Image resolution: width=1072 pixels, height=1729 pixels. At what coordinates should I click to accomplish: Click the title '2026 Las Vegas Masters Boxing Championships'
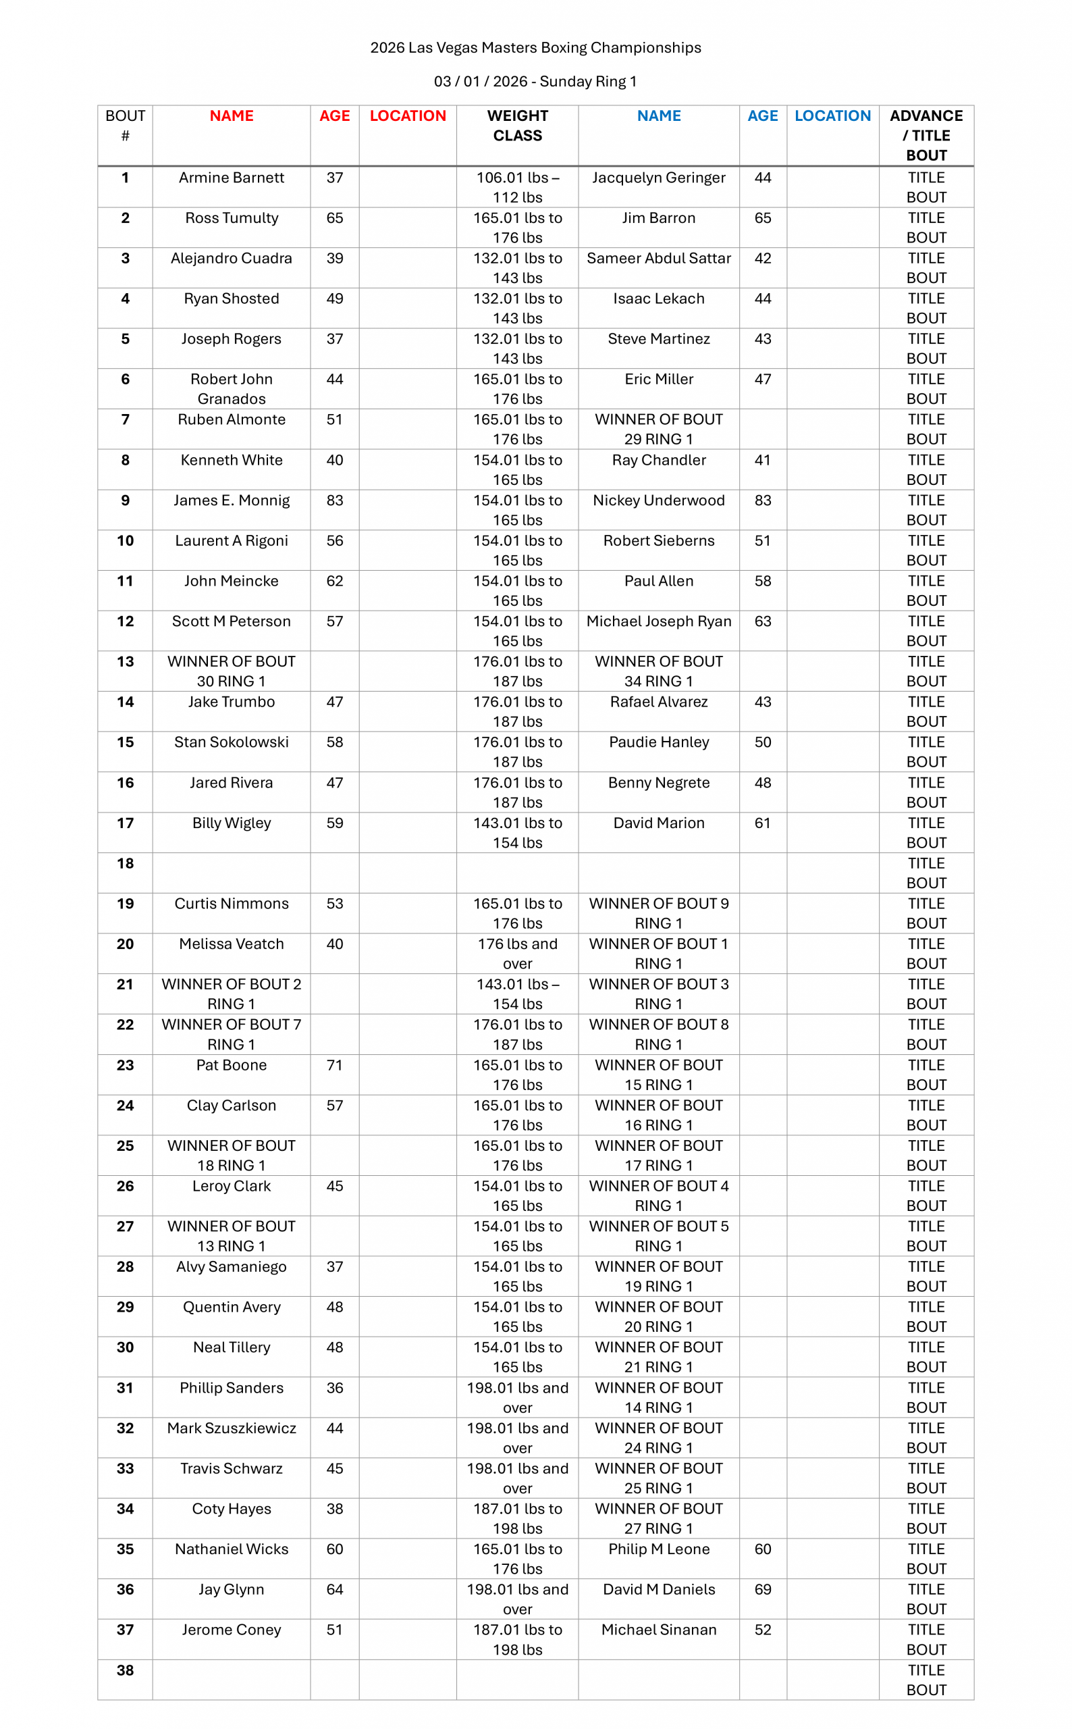pos(535,47)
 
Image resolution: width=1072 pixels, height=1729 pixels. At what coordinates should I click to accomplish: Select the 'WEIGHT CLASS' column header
pos(518,126)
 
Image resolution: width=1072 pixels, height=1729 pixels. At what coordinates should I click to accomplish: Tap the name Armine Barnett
pos(231,178)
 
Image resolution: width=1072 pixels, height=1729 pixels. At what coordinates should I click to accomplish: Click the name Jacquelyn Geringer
pos(659,178)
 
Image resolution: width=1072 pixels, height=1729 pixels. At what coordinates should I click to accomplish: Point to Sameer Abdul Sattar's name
pos(659,258)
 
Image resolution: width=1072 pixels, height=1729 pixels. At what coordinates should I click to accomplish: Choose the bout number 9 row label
pos(125,500)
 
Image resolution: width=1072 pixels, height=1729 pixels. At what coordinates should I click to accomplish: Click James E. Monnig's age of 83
pos(335,500)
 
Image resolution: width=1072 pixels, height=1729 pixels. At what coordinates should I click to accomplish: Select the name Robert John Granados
pos(231,388)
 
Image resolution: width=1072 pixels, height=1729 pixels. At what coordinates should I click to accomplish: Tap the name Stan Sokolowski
pos(231,742)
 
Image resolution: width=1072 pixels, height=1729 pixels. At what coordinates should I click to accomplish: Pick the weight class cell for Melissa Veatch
pos(518,953)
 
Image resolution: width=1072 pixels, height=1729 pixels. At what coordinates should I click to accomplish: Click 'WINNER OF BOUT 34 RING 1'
pos(659,671)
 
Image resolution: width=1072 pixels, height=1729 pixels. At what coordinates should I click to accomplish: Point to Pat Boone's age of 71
pos(335,1064)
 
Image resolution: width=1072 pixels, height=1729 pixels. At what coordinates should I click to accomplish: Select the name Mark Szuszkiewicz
pos(231,1428)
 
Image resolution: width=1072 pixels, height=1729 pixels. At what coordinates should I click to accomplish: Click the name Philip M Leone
pos(659,1549)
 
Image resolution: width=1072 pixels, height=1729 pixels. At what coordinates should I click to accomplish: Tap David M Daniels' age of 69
pos(763,1589)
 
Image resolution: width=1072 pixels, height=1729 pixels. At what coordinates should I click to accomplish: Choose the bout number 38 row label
pos(125,1670)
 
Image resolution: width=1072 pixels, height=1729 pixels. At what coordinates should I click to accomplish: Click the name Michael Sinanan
pos(659,1630)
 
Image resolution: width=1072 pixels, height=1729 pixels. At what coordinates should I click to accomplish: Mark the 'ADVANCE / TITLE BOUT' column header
pos(926,136)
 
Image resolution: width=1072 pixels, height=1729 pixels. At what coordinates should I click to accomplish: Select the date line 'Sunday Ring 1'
pos(535,82)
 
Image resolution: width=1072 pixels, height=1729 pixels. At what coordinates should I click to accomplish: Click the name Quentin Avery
pos(231,1306)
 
